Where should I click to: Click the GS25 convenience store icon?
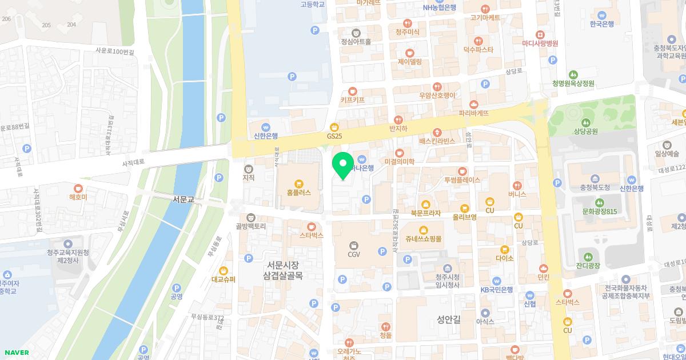[334, 127]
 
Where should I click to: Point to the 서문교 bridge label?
[184, 199]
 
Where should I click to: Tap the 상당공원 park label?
[585, 131]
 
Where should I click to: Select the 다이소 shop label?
[505, 258]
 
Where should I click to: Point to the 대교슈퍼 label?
[224, 279]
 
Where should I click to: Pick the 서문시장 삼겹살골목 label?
[283, 270]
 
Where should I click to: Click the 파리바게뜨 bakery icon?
[474, 104]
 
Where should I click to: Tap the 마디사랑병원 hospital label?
[540, 43]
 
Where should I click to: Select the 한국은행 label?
[601, 23]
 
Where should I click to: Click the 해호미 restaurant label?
[78, 197]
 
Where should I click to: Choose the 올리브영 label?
[464, 217]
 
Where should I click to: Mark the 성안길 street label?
[448, 319]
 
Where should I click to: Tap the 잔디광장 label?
[588, 266]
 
